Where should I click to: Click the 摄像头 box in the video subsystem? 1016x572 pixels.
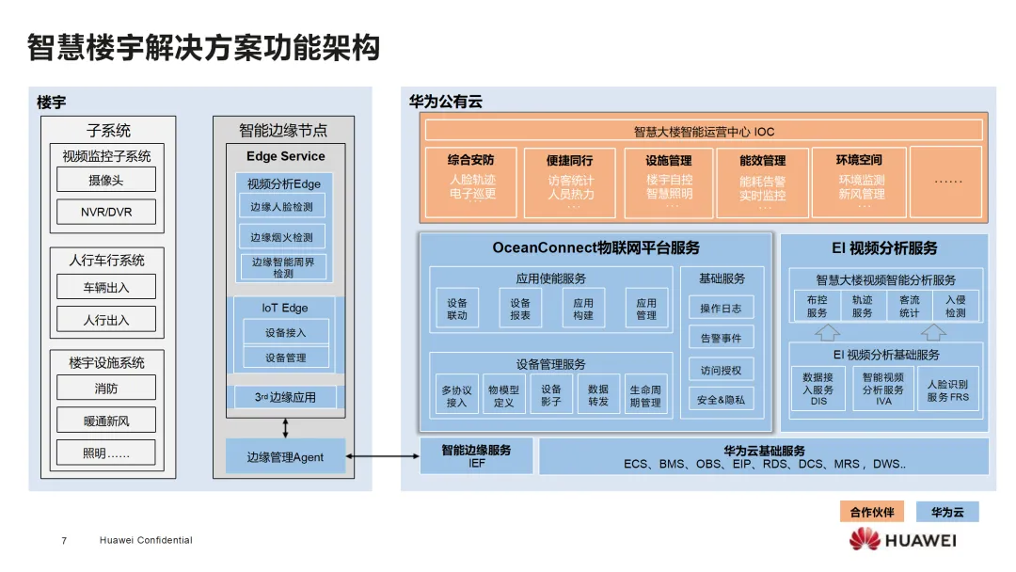coord(106,180)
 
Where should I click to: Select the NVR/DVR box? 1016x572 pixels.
coord(106,212)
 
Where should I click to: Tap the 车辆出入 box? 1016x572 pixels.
coord(106,288)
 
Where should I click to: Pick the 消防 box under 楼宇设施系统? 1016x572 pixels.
coord(106,389)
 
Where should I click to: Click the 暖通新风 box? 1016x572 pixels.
coord(106,421)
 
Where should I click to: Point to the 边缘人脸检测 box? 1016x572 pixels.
coord(282,207)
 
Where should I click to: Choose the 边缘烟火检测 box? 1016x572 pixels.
coord(282,237)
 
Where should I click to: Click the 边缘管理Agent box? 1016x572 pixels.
coord(285,457)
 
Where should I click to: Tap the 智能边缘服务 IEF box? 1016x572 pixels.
coord(476,456)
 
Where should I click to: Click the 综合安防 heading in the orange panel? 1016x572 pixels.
coord(471,161)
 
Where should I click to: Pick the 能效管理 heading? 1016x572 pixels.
coord(762,161)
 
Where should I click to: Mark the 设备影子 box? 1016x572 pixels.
coord(551,395)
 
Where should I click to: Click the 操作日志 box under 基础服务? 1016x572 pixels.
coord(721,309)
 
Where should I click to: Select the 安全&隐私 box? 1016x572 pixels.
coord(721,400)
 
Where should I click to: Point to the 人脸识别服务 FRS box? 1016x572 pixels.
coord(946,390)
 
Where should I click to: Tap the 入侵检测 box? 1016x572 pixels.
coord(956,307)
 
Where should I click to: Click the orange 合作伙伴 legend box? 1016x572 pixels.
coord(872,513)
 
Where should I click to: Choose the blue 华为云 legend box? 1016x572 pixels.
coord(947,513)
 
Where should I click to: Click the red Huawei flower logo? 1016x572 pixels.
coord(865,539)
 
